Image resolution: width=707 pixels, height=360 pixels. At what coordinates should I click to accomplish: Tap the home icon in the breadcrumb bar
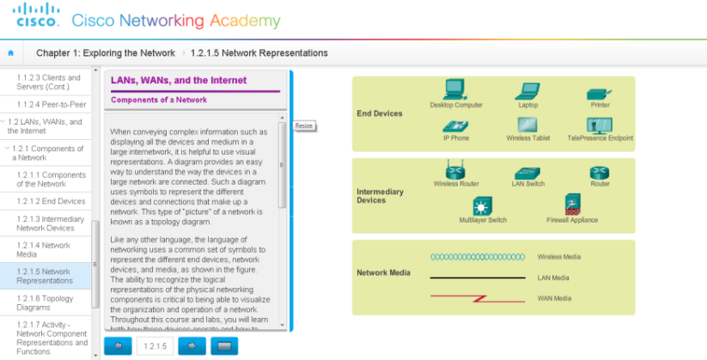11,52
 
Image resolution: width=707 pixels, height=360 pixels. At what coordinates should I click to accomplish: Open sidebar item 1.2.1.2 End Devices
51,201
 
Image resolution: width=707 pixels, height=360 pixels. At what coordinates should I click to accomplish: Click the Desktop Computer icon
454,89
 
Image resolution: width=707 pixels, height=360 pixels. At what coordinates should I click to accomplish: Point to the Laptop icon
527,91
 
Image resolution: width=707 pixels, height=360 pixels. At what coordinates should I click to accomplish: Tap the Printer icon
599,93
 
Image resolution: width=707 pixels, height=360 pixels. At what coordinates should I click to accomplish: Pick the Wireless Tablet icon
527,125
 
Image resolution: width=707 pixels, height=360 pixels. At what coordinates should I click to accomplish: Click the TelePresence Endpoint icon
600,125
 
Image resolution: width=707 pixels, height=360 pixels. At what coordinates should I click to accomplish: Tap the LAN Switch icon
527,173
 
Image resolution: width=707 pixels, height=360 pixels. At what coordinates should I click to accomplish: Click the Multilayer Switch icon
483,206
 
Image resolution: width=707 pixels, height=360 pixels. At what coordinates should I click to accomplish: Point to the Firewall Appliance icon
572,204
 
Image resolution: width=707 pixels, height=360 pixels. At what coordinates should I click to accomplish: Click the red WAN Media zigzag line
478,297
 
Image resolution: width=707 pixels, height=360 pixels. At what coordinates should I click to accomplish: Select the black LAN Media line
478,278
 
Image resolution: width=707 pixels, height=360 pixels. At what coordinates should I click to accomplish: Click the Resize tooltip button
304,125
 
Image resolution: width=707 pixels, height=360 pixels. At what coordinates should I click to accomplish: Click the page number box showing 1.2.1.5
155,345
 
